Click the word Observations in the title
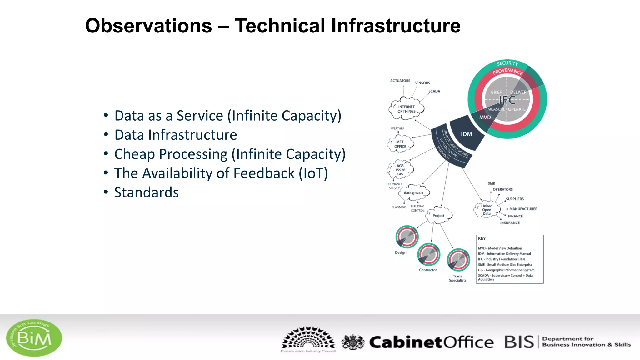(148, 26)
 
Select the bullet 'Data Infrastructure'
(176, 135)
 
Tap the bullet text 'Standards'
(146, 192)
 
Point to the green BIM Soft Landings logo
(34, 338)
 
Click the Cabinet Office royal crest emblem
(353, 342)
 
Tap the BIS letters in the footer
(519, 342)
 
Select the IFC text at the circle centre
(507, 100)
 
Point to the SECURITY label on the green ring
(507, 63)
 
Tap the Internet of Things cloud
(406, 109)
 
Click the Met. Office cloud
(400, 144)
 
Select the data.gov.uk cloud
(413, 193)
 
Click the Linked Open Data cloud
(486, 210)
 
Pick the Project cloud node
(438, 216)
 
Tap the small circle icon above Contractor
(429, 254)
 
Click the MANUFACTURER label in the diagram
(523, 209)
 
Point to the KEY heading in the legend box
(482, 239)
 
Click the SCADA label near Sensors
(434, 91)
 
